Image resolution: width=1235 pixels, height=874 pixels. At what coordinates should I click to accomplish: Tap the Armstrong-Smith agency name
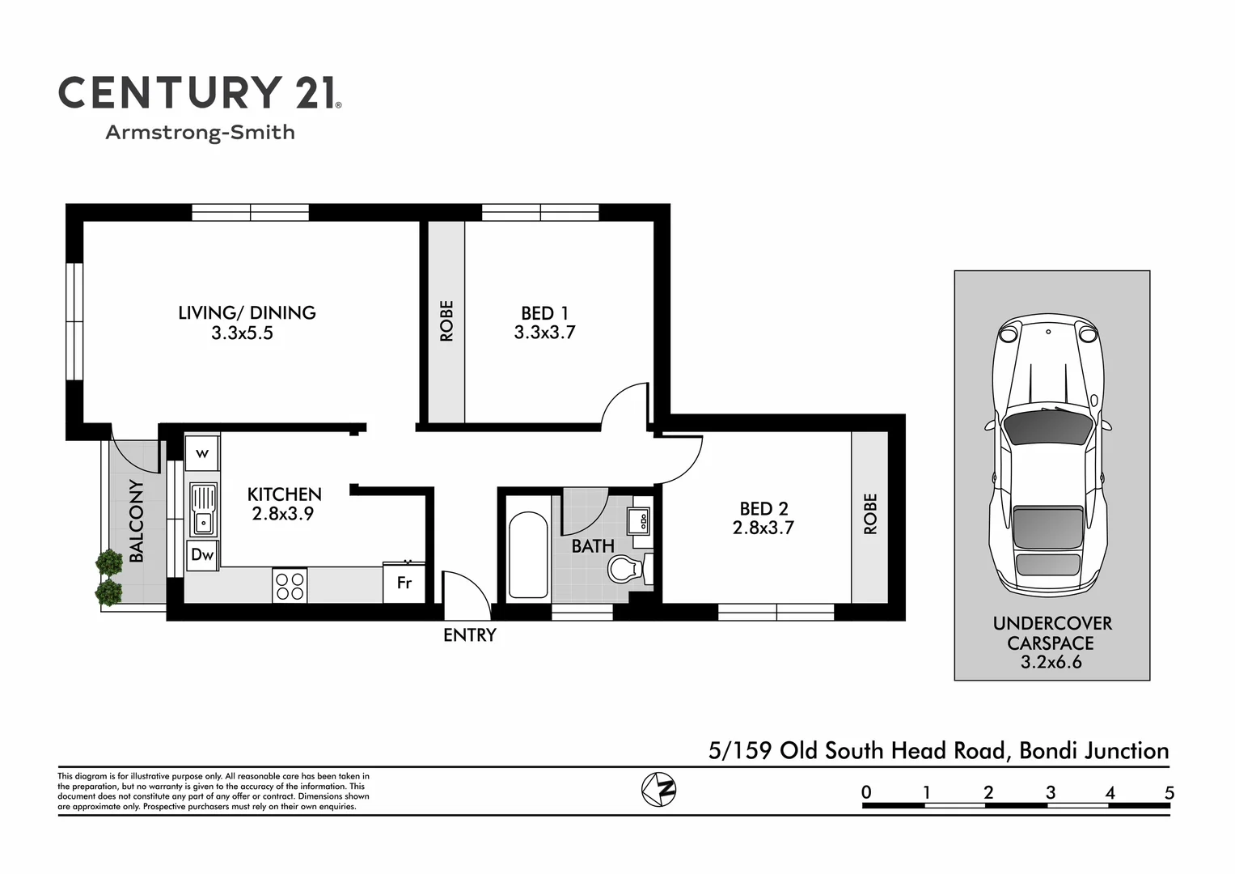coord(200,133)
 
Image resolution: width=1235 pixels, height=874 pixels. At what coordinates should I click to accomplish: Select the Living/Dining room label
coord(247,312)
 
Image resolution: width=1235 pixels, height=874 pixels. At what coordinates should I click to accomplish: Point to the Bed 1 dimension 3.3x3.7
coord(544,333)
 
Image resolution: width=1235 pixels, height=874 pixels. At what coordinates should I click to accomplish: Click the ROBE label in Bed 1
coord(446,320)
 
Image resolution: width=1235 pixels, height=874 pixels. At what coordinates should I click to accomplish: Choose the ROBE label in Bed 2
coord(870,514)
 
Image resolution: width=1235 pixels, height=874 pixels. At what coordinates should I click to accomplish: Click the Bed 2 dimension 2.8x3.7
coord(763,528)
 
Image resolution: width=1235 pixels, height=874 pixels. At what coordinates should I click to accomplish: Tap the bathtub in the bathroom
coord(528,555)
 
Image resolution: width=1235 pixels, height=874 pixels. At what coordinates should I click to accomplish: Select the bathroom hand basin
coord(639,520)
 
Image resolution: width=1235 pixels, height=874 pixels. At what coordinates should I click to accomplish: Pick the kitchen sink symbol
coord(203,510)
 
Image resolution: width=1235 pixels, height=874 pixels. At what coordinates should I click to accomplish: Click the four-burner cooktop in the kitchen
coord(290,586)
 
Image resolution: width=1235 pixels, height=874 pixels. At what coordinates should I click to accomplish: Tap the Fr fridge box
coord(404,583)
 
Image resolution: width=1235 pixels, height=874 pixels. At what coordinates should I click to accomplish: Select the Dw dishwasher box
coord(202,555)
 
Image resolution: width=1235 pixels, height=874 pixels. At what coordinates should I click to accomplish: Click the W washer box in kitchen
coord(202,453)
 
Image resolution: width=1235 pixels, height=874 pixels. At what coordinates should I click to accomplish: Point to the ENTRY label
coord(469,635)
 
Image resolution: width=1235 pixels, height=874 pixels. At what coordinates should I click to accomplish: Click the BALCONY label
coord(137,520)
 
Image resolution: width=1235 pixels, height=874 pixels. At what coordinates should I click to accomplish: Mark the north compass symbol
coord(658,789)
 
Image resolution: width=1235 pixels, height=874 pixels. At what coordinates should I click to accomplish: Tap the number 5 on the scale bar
coord(1169,793)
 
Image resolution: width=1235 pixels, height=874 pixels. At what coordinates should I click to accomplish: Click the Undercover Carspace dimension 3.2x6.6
coord(1051,663)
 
